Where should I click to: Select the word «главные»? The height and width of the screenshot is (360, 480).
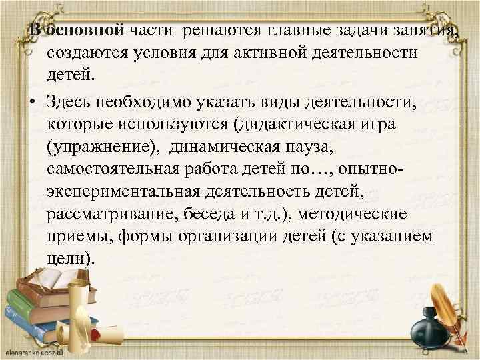[299, 30]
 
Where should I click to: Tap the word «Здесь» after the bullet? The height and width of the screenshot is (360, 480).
[71, 101]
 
